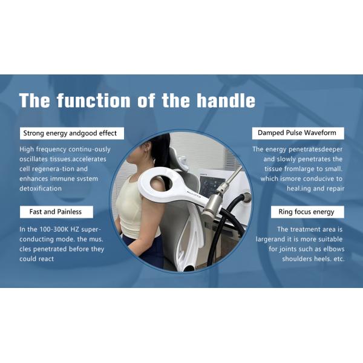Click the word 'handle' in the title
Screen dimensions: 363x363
[x=224, y=100]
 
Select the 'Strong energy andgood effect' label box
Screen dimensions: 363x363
[x=70, y=133]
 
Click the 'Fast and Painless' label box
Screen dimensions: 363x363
[x=56, y=212]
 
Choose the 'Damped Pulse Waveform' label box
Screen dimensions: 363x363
[x=297, y=133]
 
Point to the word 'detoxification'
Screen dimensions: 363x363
[x=41, y=189]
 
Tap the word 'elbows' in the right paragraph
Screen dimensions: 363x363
[x=329, y=249]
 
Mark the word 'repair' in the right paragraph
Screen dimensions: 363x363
[x=333, y=189]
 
